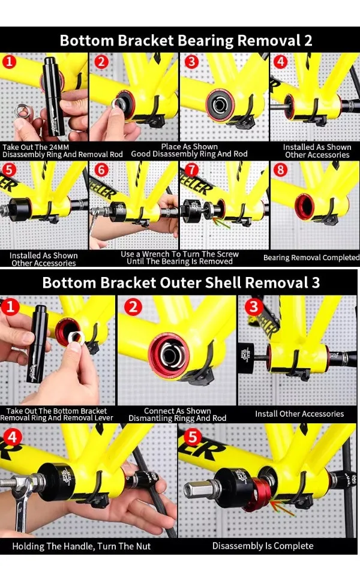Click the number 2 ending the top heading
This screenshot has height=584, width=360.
308,41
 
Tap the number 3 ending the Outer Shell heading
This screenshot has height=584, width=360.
316,282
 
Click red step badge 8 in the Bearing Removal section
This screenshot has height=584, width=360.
280,170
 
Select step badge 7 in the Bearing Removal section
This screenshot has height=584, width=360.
191,170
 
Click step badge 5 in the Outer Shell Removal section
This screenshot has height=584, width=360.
192,437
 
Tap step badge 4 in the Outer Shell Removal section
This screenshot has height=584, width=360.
13,437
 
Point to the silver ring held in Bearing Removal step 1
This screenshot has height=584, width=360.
22,110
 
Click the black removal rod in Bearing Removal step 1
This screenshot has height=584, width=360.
52,96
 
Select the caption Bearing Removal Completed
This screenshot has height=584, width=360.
311,257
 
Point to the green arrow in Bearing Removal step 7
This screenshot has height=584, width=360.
221,223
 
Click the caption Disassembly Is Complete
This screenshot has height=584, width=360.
263,546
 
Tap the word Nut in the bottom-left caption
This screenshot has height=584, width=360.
143,546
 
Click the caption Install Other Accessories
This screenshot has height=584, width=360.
299,414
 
